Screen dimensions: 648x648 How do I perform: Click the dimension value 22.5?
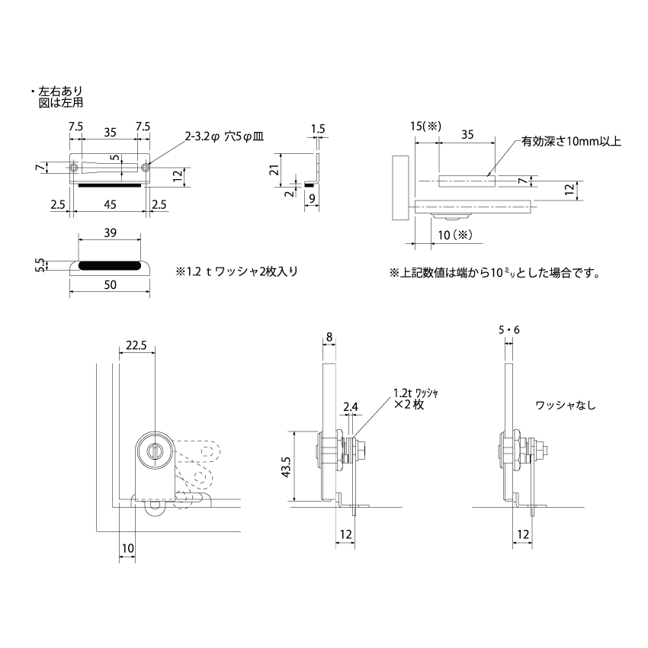[136, 345]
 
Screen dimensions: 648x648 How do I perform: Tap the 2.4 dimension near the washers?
[351, 408]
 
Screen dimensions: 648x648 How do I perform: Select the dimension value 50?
[109, 284]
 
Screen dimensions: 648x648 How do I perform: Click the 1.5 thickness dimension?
[319, 129]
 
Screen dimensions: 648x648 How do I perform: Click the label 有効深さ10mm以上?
[572, 142]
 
